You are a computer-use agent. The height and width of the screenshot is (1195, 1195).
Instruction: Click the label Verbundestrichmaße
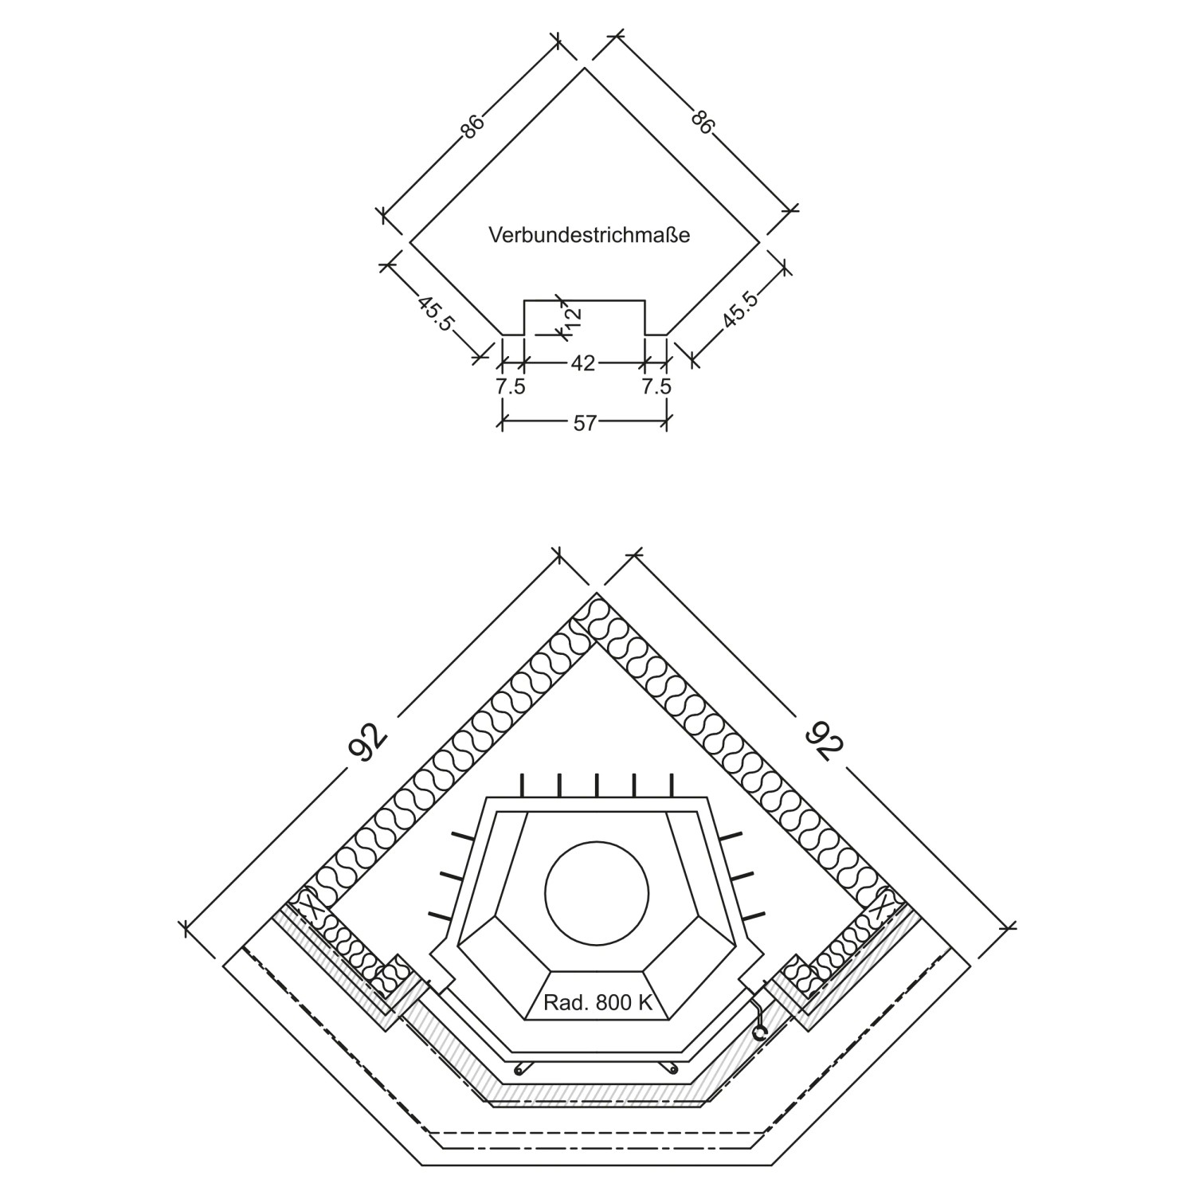pyautogui.click(x=589, y=236)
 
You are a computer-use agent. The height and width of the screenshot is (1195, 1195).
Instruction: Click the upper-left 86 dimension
pyautogui.click(x=472, y=127)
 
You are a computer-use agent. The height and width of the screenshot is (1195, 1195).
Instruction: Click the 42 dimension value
pyautogui.click(x=583, y=363)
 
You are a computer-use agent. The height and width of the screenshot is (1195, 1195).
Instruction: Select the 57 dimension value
pyautogui.click(x=585, y=424)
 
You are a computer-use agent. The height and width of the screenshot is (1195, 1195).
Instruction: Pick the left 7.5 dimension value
pyautogui.click(x=511, y=387)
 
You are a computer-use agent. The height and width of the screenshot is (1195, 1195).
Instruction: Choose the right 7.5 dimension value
pyautogui.click(x=656, y=387)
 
